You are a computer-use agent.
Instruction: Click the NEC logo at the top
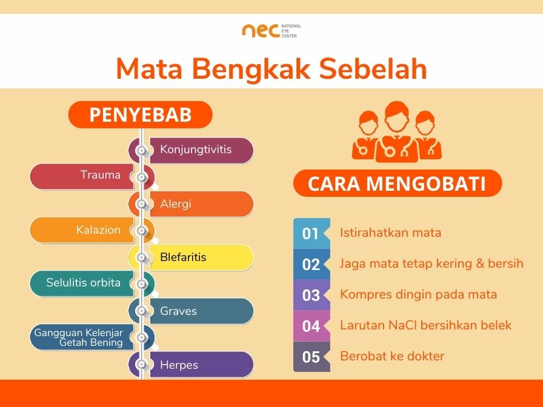(x=271, y=30)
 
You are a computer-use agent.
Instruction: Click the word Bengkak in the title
(x=253, y=69)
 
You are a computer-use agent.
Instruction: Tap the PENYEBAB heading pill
(x=140, y=114)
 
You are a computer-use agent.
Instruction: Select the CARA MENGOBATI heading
(x=397, y=184)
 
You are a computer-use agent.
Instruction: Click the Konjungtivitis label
(x=196, y=149)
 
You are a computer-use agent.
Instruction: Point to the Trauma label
(x=101, y=176)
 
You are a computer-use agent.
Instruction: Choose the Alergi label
(x=176, y=204)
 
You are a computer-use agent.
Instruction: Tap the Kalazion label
(x=98, y=230)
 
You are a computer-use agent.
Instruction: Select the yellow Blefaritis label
(x=183, y=257)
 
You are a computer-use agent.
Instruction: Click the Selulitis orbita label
(x=84, y=283)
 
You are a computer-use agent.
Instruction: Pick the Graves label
(x=178, y=311)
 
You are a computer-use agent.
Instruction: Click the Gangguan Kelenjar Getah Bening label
(x=79, y=338)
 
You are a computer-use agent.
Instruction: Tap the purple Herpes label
(x=179, y=365)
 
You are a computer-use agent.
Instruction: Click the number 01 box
(x=311, y=233)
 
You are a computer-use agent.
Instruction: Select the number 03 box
(x=311, y=295)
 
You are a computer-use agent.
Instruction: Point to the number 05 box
(x=311, y=357)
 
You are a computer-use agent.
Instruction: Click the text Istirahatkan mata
(x=390, y=233)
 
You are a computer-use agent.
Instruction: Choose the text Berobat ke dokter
(x=392, y=356)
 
